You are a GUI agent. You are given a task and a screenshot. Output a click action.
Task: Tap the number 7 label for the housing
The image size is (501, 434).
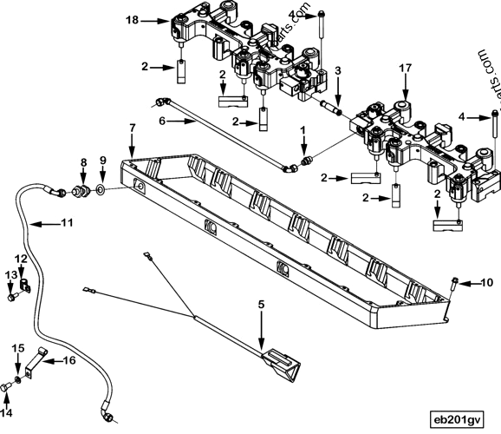click(x=132, y=128)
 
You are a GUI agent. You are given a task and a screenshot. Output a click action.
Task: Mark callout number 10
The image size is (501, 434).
click(x=486, y=283)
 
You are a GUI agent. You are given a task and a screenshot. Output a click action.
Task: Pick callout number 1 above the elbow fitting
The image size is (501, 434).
click(x=303, y=130)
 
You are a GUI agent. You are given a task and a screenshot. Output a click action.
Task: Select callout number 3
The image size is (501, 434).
click(x=338, y=69)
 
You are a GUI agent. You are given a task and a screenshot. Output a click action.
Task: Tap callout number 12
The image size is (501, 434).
click(x=21, y=259)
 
